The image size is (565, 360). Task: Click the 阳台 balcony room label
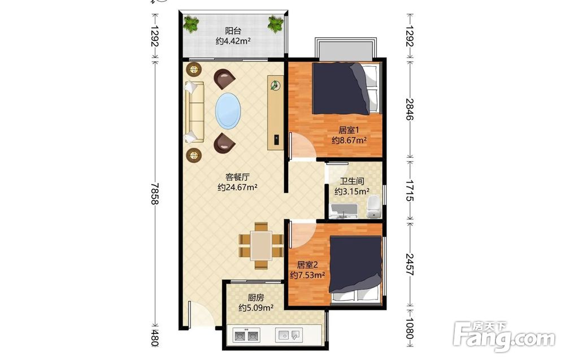click(x=233, y=31)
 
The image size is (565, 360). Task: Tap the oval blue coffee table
click(x=227, y=111)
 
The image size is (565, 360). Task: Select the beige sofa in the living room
click(x=194, y=112)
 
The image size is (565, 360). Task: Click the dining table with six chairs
click(x=261, y=246)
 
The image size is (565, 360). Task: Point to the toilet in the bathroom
click(x=373, y=207)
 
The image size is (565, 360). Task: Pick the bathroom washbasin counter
click(x=344, y=211)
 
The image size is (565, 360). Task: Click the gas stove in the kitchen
click(x=247, y=336)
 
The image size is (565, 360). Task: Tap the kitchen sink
click(x=289, y=335)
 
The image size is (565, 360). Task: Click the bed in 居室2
click(x=355, y=269)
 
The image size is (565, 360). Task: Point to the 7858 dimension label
click(x=155, y=193)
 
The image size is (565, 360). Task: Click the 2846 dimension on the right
click(x=410, y=109)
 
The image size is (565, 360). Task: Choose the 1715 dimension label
click(x=410, y=190)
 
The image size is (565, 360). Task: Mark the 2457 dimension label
click(x=410, y=264)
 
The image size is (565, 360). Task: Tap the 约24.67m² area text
click(x=237, y=188)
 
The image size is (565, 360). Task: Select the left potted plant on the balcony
click(x=191, y=24)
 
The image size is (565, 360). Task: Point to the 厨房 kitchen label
click(x=256, y=298)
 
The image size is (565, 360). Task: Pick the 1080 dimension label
click(x=410, y=328)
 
